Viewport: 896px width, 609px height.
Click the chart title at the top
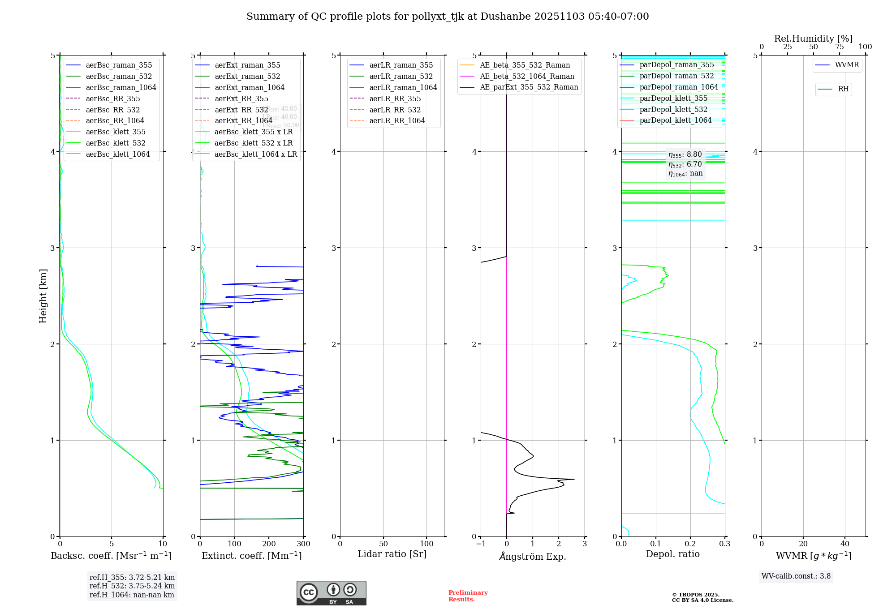point(448,17)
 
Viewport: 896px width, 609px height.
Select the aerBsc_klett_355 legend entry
point(116,132)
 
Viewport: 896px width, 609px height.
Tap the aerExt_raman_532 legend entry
point(247,76)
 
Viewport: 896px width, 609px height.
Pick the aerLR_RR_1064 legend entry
point(397,120)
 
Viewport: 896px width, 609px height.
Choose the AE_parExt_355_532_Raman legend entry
point(529,87)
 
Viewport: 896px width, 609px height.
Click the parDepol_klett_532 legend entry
point(673,109)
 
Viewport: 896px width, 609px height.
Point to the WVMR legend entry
point(847,65)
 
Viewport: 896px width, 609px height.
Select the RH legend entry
point(843,89)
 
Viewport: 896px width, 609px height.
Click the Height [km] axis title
point(43,296)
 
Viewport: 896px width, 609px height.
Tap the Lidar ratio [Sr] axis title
point(392,554)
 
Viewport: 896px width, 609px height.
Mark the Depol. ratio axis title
point(672,554)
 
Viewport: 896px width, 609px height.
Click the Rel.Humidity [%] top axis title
point(813,39)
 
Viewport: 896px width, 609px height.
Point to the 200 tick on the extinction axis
point(269,544)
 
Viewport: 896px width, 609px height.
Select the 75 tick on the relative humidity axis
point(840,47)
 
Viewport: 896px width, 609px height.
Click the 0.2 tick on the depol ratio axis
point(690,544)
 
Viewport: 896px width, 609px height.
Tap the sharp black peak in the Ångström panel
point(573,479)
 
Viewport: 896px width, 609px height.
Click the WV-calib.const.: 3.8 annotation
point(796,576)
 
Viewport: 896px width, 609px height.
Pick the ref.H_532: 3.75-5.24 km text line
point(132,586)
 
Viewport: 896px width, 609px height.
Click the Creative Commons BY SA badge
point(331,593)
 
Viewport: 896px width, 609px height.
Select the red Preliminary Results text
point(468,596)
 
